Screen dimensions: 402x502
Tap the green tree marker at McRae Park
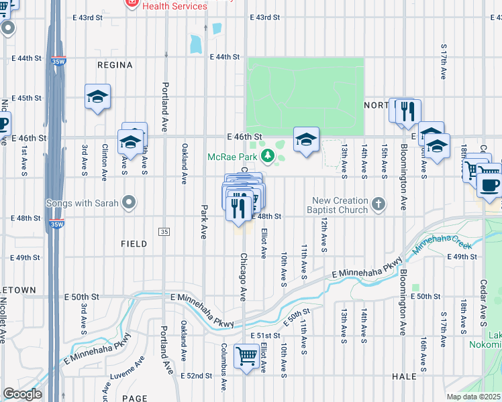coord(268,156)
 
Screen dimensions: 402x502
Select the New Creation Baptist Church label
coord(340,205)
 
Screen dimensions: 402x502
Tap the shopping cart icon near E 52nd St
coord(246,356)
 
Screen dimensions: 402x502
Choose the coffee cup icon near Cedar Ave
coord(489,184)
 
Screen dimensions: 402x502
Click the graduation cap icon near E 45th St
coord(97,97)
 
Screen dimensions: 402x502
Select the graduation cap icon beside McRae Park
coord(306,139)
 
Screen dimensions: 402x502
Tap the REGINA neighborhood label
coord(115,65)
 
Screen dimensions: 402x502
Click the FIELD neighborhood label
coord(134,244)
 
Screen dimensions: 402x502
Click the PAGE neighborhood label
coord(135,398)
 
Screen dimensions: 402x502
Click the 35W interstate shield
coord(56,62)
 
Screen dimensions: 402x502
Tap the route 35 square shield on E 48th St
coord(164,231)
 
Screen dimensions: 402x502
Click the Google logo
coord(22,394)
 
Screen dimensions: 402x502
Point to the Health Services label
coord(175,6)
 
